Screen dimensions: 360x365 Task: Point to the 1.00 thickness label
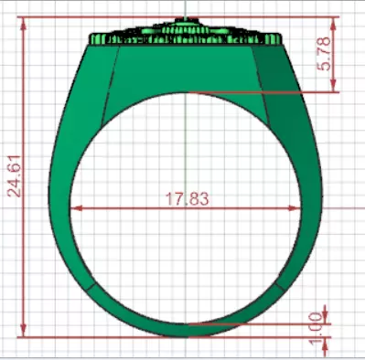(317, 330)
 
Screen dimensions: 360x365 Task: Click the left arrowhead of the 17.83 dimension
(77, 208)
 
